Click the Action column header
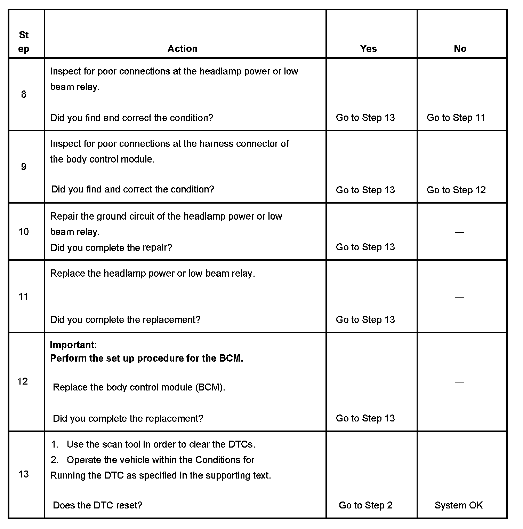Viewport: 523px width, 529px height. coord(183,48)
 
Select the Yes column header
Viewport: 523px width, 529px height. coord(368,48)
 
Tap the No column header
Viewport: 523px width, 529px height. coord(460,48)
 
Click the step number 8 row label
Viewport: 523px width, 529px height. coord(24,94)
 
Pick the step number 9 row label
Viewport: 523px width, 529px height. coord(24,167)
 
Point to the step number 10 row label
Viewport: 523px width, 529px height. coord(24,231)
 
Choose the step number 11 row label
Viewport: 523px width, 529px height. coord(23,296)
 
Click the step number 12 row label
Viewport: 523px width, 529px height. coord(23,381)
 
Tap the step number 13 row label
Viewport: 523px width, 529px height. coord(23,474)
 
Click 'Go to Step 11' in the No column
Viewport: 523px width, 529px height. coord(456,118)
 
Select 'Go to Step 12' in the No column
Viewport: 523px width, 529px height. coord(456,190)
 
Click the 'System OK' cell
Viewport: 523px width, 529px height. coord(458,505)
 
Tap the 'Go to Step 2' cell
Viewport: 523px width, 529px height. coord(365,505)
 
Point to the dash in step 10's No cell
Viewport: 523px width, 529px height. coord(459,232)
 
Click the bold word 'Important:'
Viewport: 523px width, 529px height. coord(73,345)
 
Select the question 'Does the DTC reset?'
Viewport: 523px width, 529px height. coord(97,505)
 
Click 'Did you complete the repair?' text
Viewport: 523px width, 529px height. coord(111,248)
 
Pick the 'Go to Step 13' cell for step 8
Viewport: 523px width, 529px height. coord(365,118)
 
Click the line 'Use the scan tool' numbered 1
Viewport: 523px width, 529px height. coord(161,444)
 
